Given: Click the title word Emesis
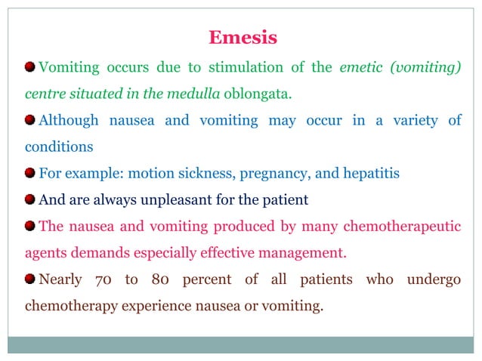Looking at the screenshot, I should tap(243, 37).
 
